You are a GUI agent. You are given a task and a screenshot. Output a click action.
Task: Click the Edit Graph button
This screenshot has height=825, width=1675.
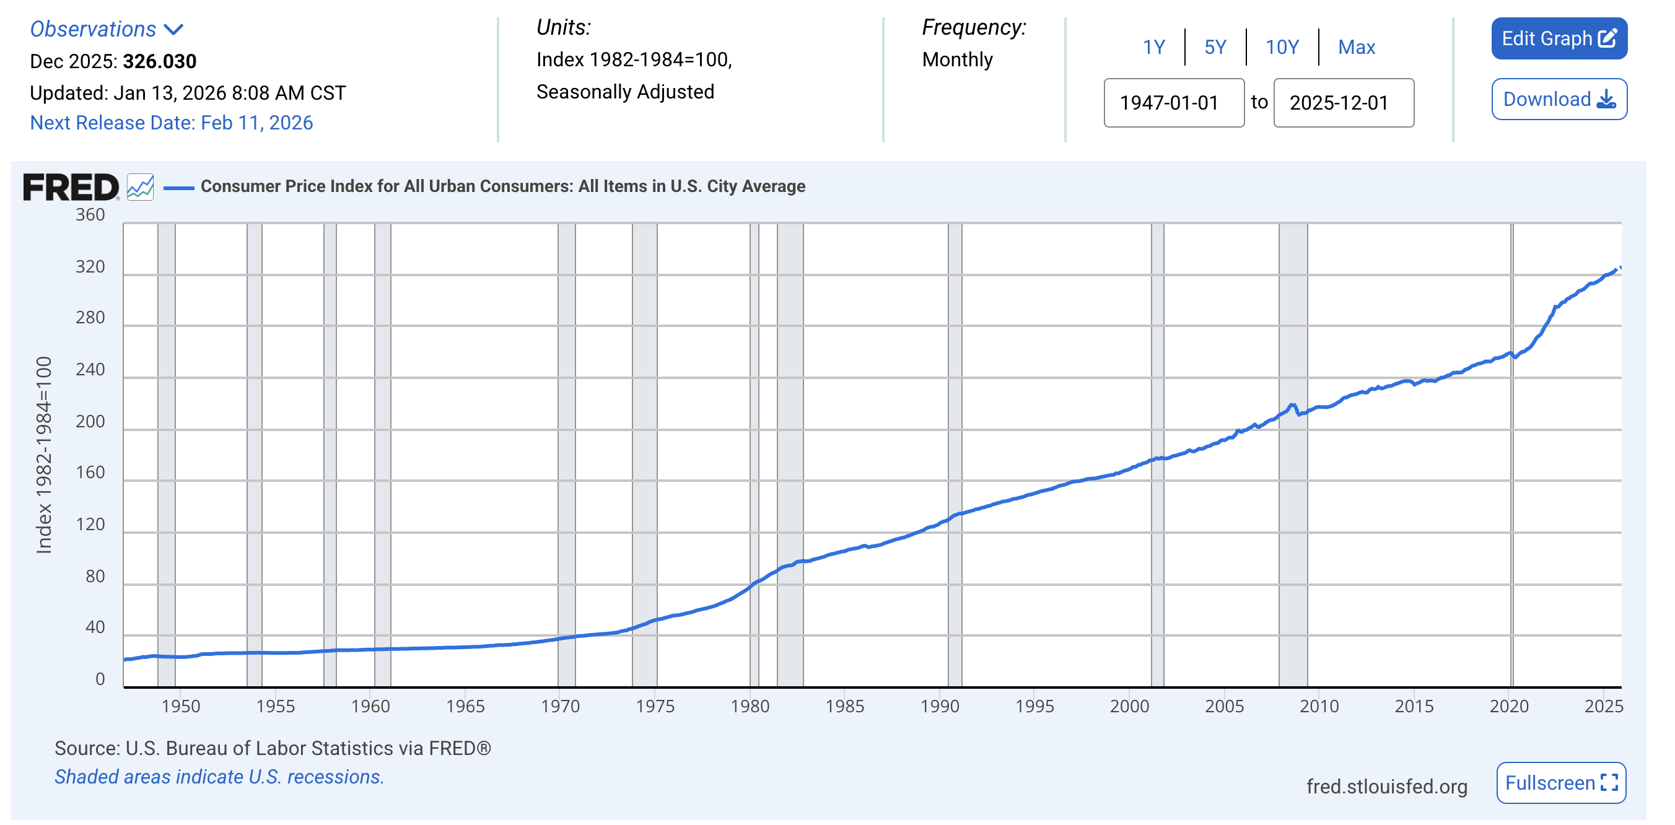[1558, 39]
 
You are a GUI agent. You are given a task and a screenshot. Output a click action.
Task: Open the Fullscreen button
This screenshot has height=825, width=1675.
[1560, 782]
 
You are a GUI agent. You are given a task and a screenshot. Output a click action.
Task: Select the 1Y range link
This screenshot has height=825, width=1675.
[1153, 48]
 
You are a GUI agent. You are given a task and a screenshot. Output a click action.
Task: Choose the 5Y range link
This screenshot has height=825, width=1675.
[1215, 48]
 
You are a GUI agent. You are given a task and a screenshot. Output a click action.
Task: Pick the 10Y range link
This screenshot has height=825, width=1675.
[1281, 48]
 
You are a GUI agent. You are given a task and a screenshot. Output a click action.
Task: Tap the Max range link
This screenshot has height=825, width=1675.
[1356, 48]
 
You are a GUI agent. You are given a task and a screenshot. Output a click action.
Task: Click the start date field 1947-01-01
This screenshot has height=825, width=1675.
[1173, 103]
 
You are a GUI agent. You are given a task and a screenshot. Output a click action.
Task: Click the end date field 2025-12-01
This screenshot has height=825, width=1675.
[1343, 103]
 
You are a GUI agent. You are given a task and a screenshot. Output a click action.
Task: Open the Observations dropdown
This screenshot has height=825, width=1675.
[107, 29]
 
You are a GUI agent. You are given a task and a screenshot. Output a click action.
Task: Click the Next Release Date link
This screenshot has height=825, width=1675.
[171, 123]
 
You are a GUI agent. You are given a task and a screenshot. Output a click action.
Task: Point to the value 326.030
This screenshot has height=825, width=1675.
[159, 61]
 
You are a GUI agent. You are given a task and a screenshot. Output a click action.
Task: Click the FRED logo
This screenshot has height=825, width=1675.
[71, 187]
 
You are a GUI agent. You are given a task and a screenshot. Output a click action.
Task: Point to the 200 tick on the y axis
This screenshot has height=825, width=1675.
[90, 421]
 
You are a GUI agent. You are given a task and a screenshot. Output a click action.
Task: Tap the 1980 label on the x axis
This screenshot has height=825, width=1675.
[749, 706]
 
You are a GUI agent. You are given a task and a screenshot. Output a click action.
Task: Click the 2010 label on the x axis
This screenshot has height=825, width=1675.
[1318, 706]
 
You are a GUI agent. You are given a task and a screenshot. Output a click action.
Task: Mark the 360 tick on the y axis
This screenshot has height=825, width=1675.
[90, 214]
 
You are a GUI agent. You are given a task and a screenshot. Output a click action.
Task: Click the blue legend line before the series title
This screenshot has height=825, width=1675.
[178, 188]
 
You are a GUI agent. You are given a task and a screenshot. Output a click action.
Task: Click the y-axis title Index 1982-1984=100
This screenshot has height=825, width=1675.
[43, 455]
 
